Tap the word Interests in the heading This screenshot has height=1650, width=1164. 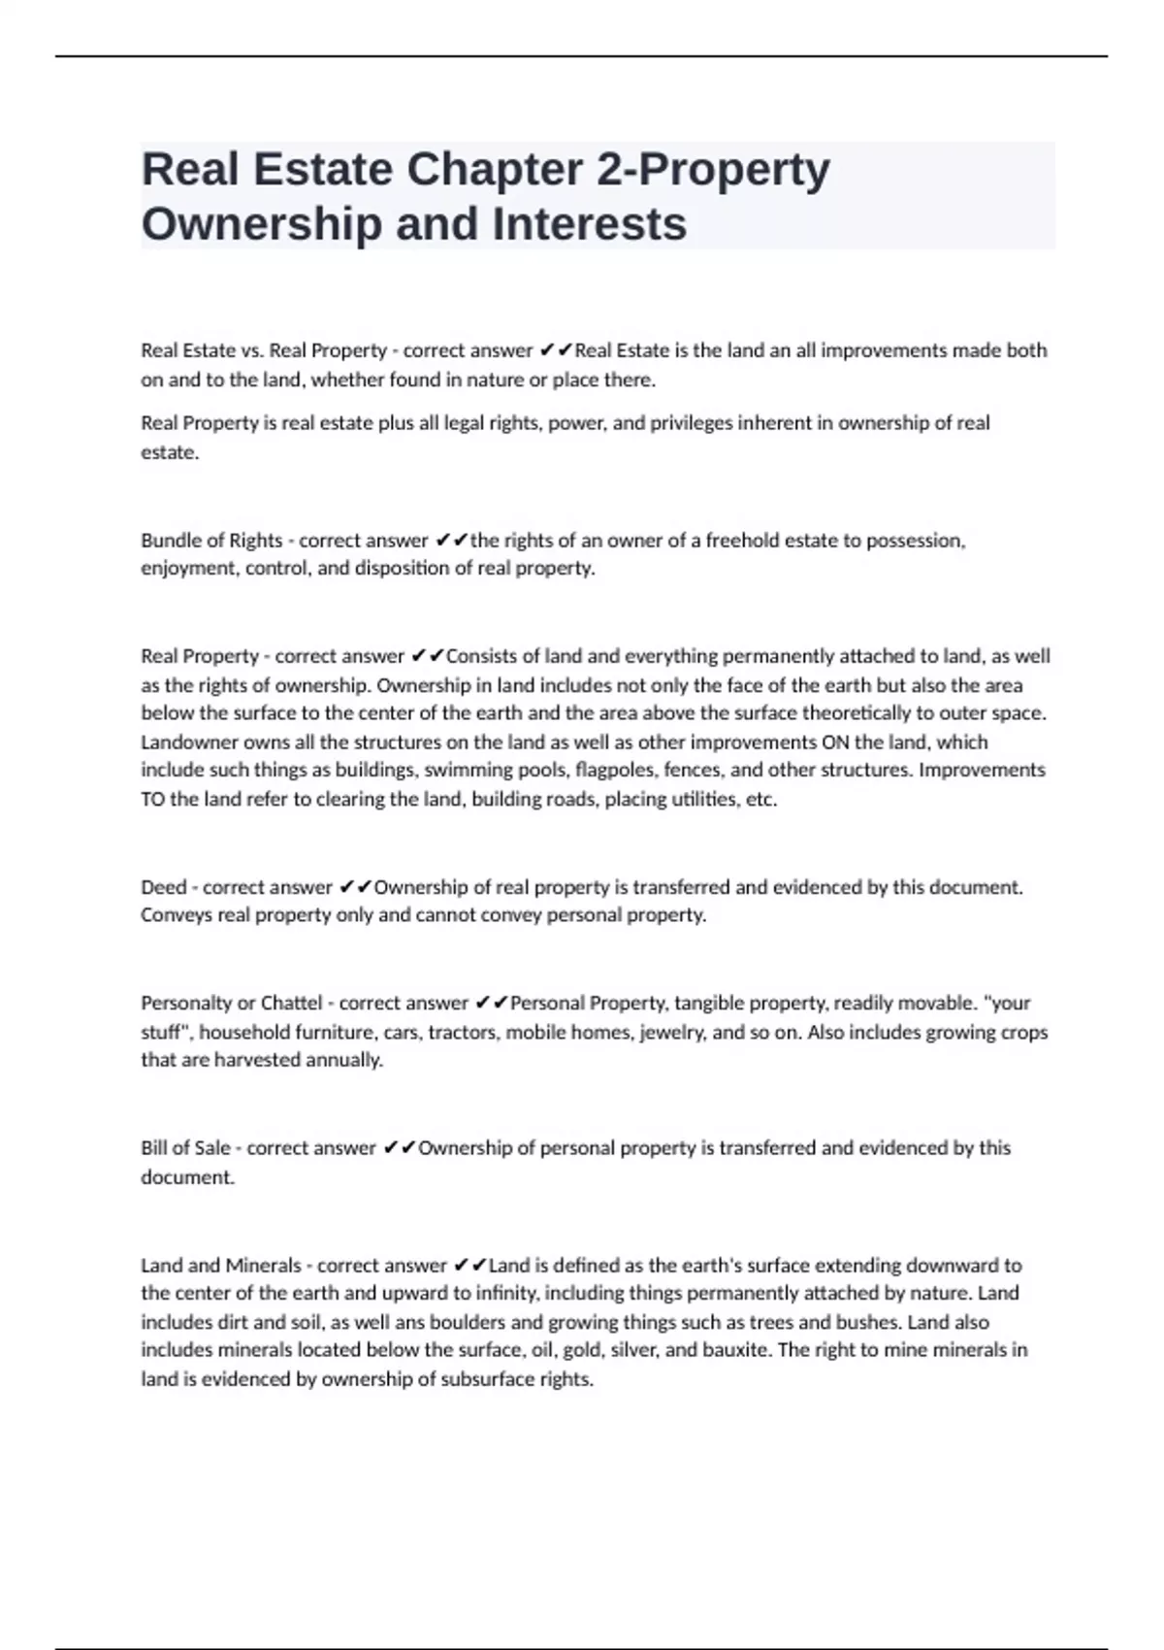tap(590, 224)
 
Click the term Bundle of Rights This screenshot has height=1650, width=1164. tap(211, 541)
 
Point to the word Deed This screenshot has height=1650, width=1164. tap(163, 887)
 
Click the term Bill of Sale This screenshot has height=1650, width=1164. tap(185, 1148)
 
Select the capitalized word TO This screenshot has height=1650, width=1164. tap(153, 800)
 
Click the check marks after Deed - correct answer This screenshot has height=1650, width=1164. tap(356, 887)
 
